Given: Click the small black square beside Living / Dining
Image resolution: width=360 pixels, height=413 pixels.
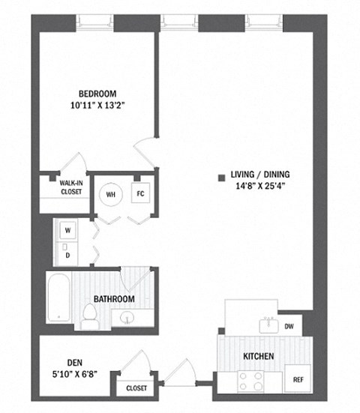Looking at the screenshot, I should (x=221, y=178).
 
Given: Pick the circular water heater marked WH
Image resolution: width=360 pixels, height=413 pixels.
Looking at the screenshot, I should (x=112, y=194).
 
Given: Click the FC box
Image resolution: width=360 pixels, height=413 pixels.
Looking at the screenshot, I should (x=140, y=193).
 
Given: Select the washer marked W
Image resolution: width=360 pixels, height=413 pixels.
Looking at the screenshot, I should (x=67, y=230).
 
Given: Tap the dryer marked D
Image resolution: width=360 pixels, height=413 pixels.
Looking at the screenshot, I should (x=67, y=254).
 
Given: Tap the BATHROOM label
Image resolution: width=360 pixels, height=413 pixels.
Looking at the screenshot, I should (x=114, y=299).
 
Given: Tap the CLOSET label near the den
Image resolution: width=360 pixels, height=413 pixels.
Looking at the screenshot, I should (x=136, y=388).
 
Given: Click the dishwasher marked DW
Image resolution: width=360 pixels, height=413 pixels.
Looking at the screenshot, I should (x=289, y=326).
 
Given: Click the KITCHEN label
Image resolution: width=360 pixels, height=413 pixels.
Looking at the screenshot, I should (x=257, y=355).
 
